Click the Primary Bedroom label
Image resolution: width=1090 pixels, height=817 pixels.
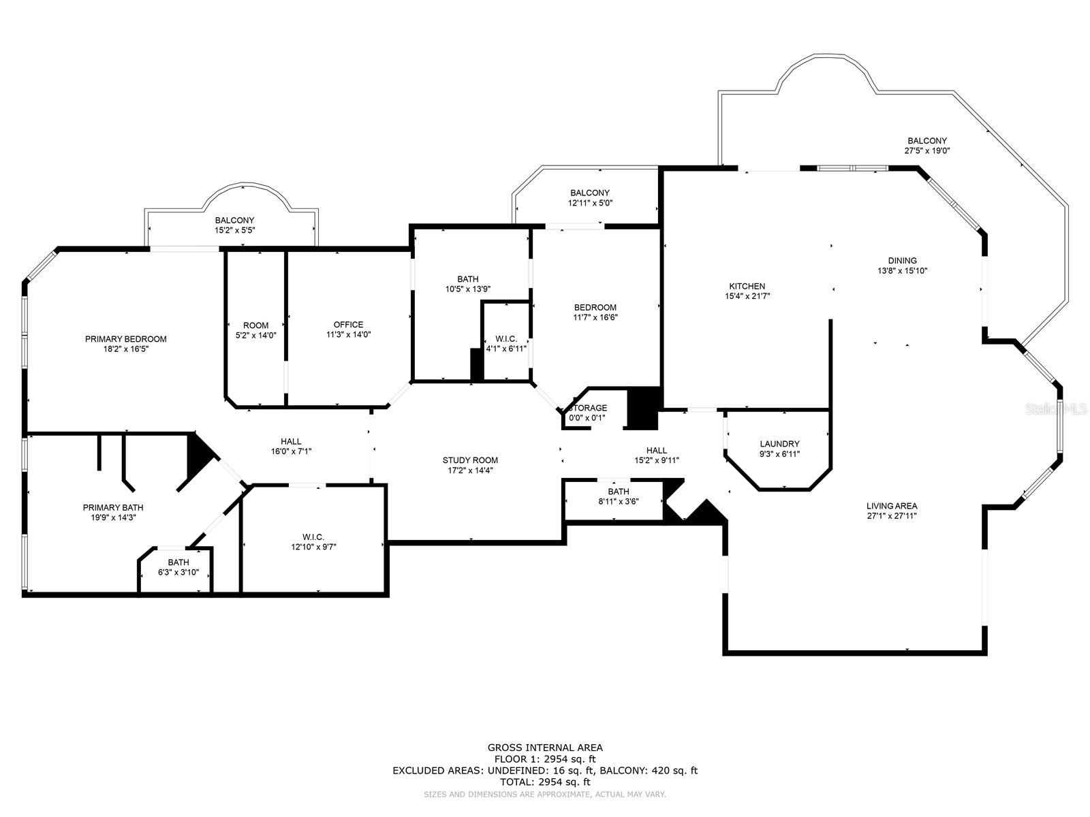[125, 339]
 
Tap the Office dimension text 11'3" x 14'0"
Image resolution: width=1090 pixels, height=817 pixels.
[348, 335]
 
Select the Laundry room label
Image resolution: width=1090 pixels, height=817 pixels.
[779, 444]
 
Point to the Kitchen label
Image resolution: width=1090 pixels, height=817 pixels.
[747, 286]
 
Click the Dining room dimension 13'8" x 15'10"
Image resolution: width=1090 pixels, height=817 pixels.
[902, 270]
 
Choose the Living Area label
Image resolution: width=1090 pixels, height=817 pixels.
[892, 506]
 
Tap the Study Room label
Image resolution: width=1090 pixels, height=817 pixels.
[470, 460]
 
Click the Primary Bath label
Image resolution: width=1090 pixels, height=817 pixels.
[113, 507]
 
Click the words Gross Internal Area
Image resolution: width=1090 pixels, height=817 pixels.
[545, 748]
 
